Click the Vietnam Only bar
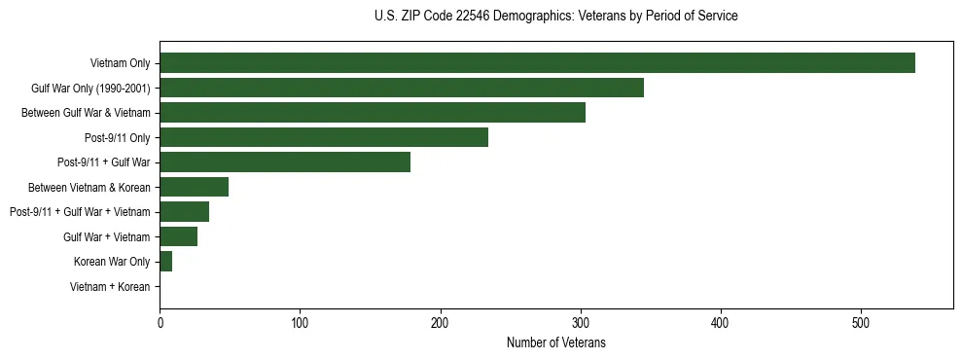point(537,63)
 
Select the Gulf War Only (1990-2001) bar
point(402,88)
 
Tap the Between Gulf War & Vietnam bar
point(373,113)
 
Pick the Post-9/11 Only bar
point(324,137)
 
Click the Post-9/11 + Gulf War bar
point(285,162)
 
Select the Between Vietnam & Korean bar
point(194,187)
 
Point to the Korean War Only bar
point(165,262)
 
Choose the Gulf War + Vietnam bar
point(178,236)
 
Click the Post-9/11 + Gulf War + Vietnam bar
point(184,212)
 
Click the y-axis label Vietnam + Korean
point(110,287)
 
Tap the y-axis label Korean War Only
point(112,262)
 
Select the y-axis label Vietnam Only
point(120,63)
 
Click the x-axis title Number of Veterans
point(556,342)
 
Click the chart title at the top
point(556,17)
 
